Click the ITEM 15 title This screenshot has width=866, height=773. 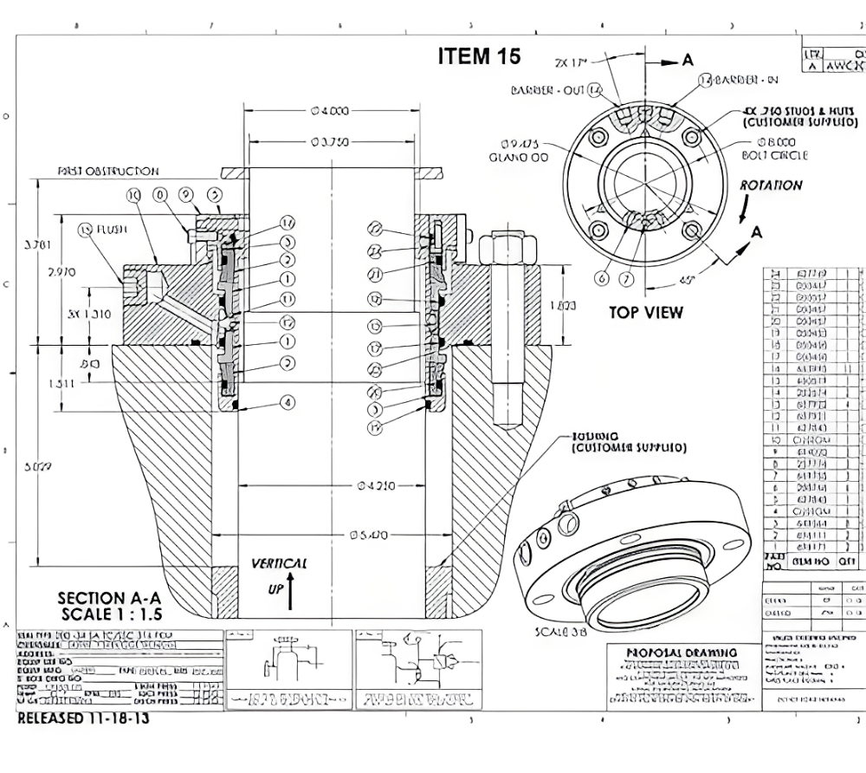pyautogui.click(x=479, y=56)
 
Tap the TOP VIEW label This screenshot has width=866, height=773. pyautogui.click(x=645, y=312)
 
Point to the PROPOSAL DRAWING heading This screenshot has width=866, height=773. pyautogui.click(x=682, y=652)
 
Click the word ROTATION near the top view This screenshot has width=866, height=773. pyautogui.click(x=770, y=185)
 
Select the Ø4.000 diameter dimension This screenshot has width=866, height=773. pyautogui.click(x=330, y=110)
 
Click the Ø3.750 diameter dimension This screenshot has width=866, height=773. pyautogui.click(x=330, y=141)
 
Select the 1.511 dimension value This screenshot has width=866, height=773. pyautogui.click(x=61, y=383)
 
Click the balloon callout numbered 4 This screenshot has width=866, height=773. pyautogui.click(x=287, y=402)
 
